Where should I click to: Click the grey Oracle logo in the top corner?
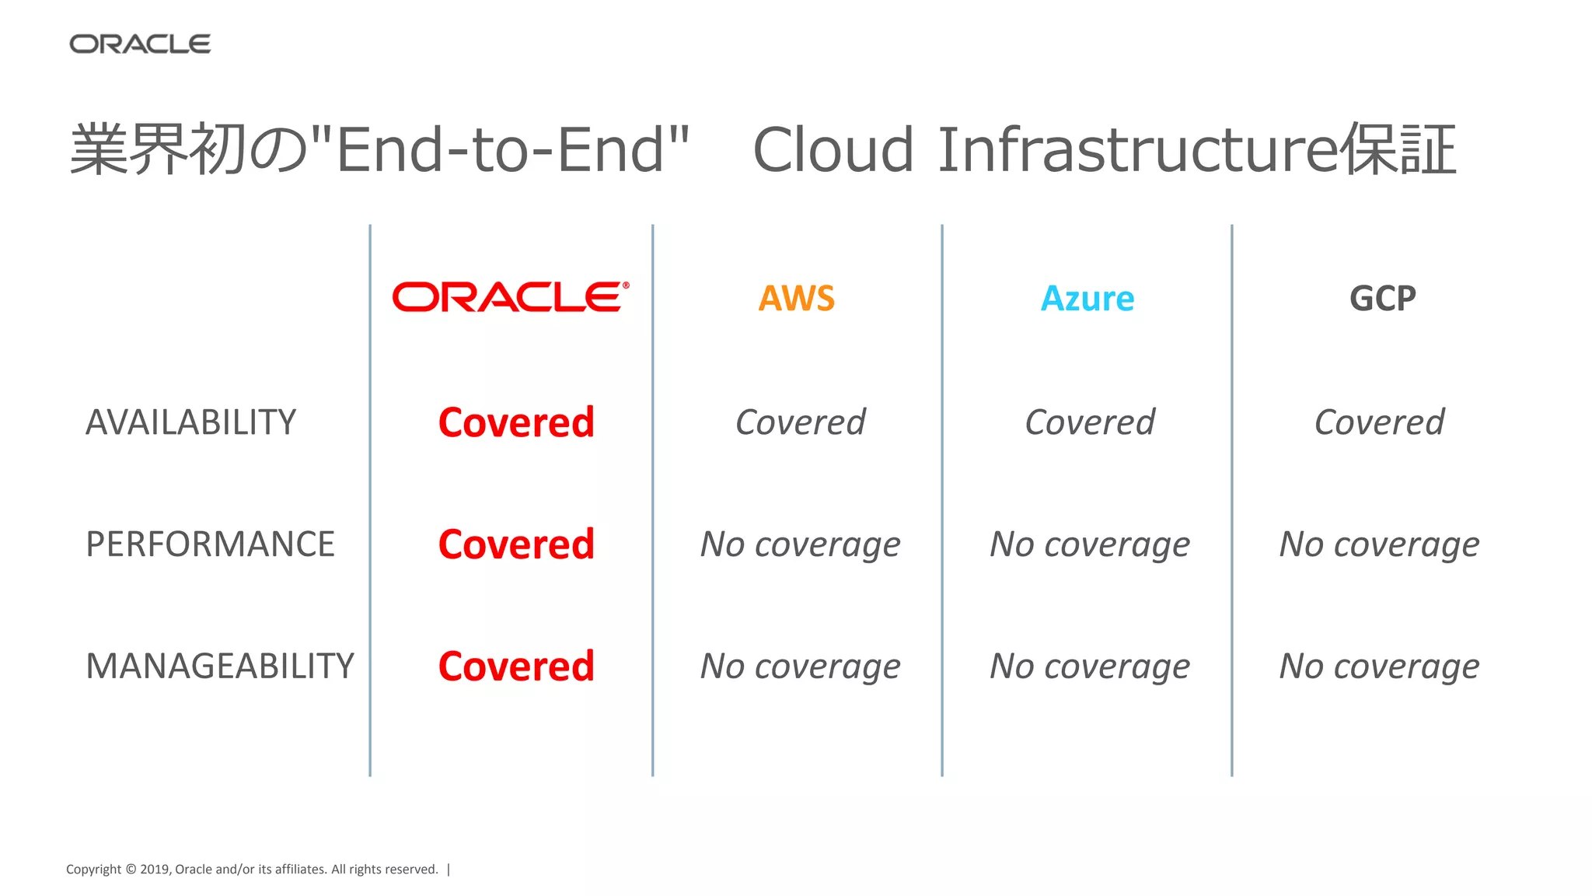pos(140,44)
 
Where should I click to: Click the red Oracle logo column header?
pos(511,297)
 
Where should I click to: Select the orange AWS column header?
pos(797,299)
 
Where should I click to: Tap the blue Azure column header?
pos(1088,299)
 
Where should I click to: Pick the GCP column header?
pos(1382,299)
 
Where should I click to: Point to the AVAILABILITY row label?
pos(190,422)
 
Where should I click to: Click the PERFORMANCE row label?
pos(210,544)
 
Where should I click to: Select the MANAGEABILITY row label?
pos(220,667)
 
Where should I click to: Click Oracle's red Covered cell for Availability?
pos(516,422)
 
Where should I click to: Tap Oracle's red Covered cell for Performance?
pos(516,544)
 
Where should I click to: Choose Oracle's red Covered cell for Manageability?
pos(516,667)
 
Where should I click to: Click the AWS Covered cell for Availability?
pos(800,422)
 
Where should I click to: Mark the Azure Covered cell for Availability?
pos(1090,422)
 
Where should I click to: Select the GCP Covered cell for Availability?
pos(1379,422)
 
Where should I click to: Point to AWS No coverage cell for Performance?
pos(800,544)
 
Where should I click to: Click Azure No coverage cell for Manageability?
pos(1090,667)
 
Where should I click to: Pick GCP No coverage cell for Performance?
pos(1379,544)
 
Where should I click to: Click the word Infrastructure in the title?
pos(1139,149)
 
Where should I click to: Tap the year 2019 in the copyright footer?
pos(154,870)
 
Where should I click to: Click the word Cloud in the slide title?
pos(833,149)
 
